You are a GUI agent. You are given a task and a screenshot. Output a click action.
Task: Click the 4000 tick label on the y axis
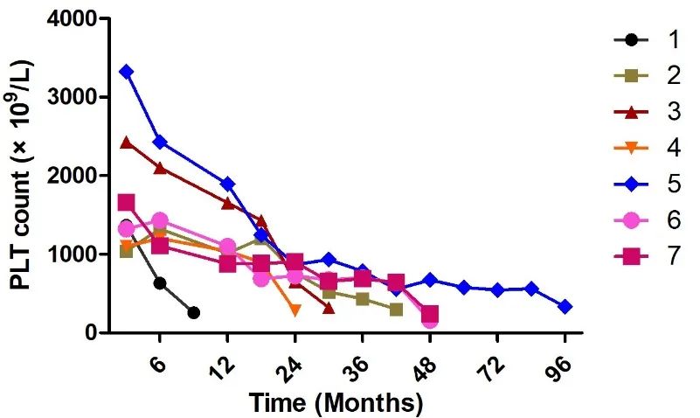[71, 18]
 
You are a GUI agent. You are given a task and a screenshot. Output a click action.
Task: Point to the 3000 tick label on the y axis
[71, 97]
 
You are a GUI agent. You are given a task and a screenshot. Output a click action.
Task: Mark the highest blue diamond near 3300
[127, 72]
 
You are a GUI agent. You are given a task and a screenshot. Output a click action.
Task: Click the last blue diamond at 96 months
[565, 307]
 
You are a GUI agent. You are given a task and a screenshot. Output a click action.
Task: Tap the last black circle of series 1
[194, 312]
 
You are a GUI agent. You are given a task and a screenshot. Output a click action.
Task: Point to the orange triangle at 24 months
[295, 310]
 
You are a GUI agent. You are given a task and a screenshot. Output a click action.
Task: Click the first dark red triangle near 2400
[127, 142]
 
